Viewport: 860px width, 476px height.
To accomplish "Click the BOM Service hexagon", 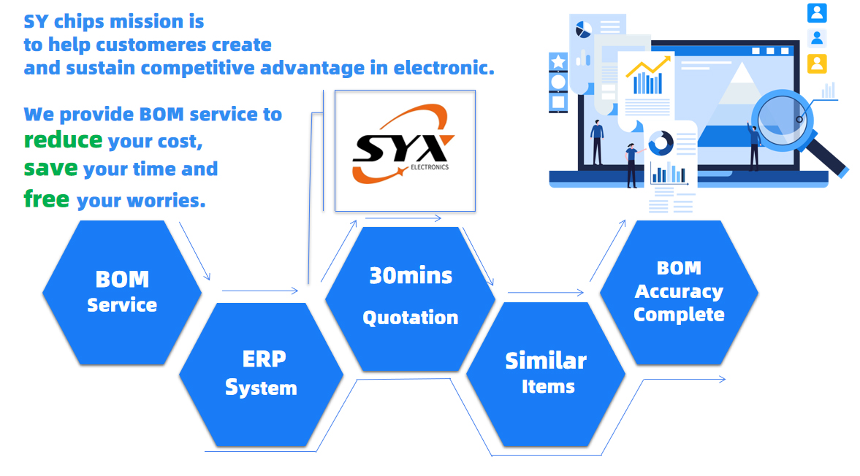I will pyautogui.click(x=121, y=292).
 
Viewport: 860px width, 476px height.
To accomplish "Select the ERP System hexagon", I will pyautogui.click(x=261, y=373).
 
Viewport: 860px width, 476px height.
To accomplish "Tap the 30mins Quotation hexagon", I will pyautogui.click(x=410, y=297).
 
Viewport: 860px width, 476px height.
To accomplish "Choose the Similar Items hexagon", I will pyautogui.click(x=546, y=373).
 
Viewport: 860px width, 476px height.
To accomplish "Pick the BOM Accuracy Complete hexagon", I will pyautogui.click(x=679, y=292).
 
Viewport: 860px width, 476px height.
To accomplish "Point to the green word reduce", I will pyautogui.click(x=63, y=139).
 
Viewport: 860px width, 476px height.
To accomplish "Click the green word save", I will pyautogui.click(x=50, y=169).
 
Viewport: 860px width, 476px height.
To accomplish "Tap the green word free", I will pyautogui.click(x=47, y=199).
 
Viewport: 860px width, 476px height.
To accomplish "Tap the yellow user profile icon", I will pyautogui.click(x=817, y=64).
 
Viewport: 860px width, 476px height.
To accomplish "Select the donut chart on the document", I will pyautogui.click(x=661, y=143).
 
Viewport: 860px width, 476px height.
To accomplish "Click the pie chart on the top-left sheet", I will pyautogui.click(x=583, y=30).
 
